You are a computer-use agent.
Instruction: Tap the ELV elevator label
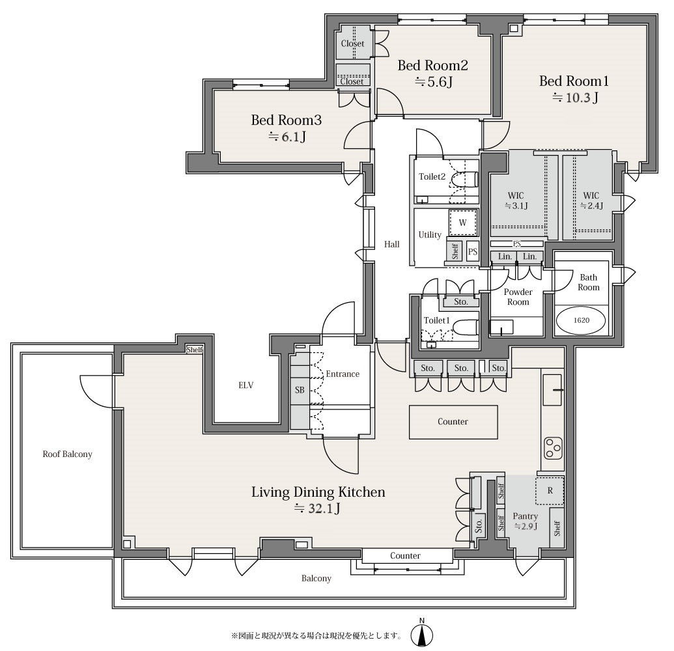click(x=246, y=385)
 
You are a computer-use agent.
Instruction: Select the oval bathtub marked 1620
click(x=581, y=320)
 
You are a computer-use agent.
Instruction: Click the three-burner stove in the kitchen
click(x=553, y=448)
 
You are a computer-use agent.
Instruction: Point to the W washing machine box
click(x=463, y=223)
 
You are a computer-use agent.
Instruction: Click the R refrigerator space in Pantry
click(x=550, y=490)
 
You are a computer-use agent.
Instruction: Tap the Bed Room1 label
click(x=574, y=81)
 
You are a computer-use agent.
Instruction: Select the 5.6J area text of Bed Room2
click(x=434, y=81)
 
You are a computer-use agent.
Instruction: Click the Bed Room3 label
click(x=287, y=120)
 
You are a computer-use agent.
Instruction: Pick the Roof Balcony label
click(x=68, y=454)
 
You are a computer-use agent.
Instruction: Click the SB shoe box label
click(x=300, y=390)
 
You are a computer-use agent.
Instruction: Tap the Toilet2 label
click(x=432, y=176)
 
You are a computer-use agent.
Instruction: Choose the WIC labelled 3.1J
click(x=516, y=201)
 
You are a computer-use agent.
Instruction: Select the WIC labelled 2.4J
click(x=591, y=201)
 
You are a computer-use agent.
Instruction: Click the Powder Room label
click(x=518, y=297)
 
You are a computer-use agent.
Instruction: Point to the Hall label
click(x=391, y=244)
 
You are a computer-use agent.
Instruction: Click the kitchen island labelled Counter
click(x=453, y=422)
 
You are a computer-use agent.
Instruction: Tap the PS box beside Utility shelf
click(x=472, y=252)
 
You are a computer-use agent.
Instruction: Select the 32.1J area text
click(x=317, y=509)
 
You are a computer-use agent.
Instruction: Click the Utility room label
click(x=430, y=235)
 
